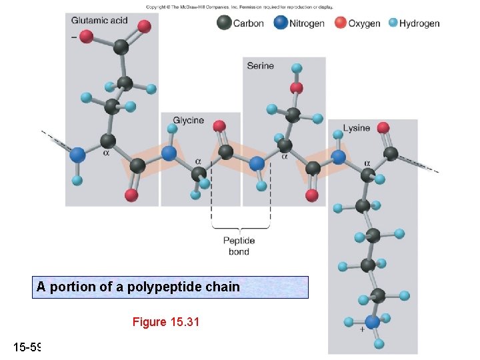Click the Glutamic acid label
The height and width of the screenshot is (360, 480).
click(x=99, y=20)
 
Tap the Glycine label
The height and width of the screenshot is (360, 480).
click(x=188, y=120)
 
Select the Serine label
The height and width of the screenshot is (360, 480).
click(x=260, y=65)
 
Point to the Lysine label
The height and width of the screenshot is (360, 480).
click(x=356, y=128)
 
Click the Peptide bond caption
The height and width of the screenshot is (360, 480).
click(x=239, y=246)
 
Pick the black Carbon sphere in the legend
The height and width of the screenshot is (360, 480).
click(x=224, y=23)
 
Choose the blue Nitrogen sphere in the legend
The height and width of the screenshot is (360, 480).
click(x=280, y=23)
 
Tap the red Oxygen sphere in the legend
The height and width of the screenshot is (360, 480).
click(x=341, y=23)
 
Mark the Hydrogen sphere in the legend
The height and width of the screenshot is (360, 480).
click(x=393, y=23)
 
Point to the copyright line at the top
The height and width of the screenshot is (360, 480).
click(x=239, y=7)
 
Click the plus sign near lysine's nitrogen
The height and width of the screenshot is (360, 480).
click(x=361, y=329)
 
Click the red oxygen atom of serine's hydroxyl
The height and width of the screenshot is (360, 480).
click(x=297, y=88)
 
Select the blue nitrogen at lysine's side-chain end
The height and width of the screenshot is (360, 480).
click(x=372, y=322)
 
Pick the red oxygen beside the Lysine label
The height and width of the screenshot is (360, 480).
click(x=382, y=127)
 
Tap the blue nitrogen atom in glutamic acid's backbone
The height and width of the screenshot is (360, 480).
click(x=77, y=155)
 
